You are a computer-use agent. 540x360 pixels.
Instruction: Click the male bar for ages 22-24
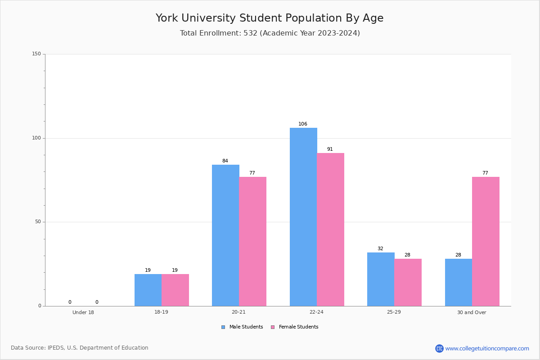tap(303, 217)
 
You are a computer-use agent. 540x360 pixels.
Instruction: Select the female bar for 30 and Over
tap(486, 241)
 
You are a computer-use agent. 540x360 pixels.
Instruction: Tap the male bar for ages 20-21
tap(225, 235)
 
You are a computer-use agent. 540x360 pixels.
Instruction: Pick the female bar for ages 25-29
tap(408, 282)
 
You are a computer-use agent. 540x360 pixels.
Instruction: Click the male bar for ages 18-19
tap(148, 290)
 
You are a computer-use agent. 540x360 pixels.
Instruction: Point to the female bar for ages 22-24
tap(330, 229)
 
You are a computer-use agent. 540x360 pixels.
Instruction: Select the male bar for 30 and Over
tap(459, 282)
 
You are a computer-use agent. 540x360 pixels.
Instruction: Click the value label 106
tap(303, 124)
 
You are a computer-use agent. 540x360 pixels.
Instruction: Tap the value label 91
tap(330, 149)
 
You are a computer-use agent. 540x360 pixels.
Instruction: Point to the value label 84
tap(225, 161)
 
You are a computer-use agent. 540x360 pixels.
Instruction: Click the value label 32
tap(380, 249)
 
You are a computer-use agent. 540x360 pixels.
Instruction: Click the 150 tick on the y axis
tap(36, 54)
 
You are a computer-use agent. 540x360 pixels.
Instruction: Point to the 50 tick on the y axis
tap(38, 222)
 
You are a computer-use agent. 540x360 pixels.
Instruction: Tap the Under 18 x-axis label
tap(83, 312)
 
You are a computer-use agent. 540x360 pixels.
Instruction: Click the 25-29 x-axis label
tap(394, 312)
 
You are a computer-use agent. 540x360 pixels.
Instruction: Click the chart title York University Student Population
tap(270, 18)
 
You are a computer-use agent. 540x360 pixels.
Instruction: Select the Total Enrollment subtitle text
tap(270, 33)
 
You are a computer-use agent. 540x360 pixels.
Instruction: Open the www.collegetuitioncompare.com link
tap(487, 348)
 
